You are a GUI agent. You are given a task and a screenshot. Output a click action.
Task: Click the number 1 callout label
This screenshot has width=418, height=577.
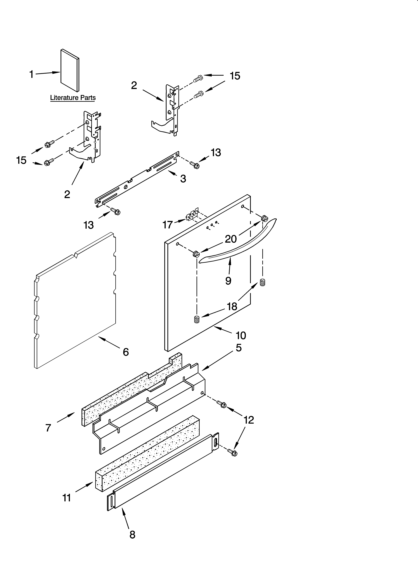31,75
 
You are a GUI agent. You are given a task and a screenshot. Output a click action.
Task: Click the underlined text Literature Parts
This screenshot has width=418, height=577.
73,98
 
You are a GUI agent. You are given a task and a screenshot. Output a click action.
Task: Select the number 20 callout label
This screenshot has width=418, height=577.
231,239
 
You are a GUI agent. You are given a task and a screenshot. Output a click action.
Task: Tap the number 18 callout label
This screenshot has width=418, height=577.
232,307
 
